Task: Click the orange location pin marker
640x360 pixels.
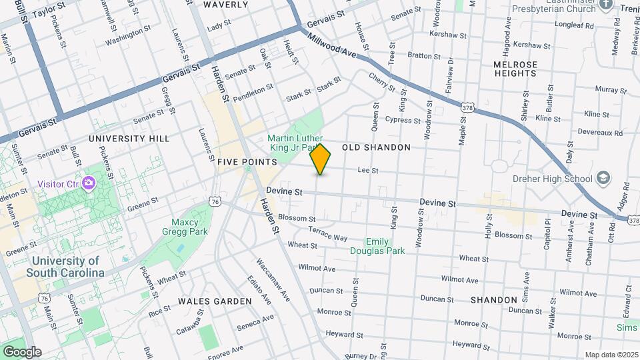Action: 321,159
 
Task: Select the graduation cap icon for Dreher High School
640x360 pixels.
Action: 603,178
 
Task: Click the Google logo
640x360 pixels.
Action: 21,352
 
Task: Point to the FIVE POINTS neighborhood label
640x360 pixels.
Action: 247,162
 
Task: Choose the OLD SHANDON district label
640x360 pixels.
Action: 376,147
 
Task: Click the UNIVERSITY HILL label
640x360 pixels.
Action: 129,139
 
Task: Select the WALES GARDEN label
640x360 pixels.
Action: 214,301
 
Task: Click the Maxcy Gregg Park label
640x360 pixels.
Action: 185,227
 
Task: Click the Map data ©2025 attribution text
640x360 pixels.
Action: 610,355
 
